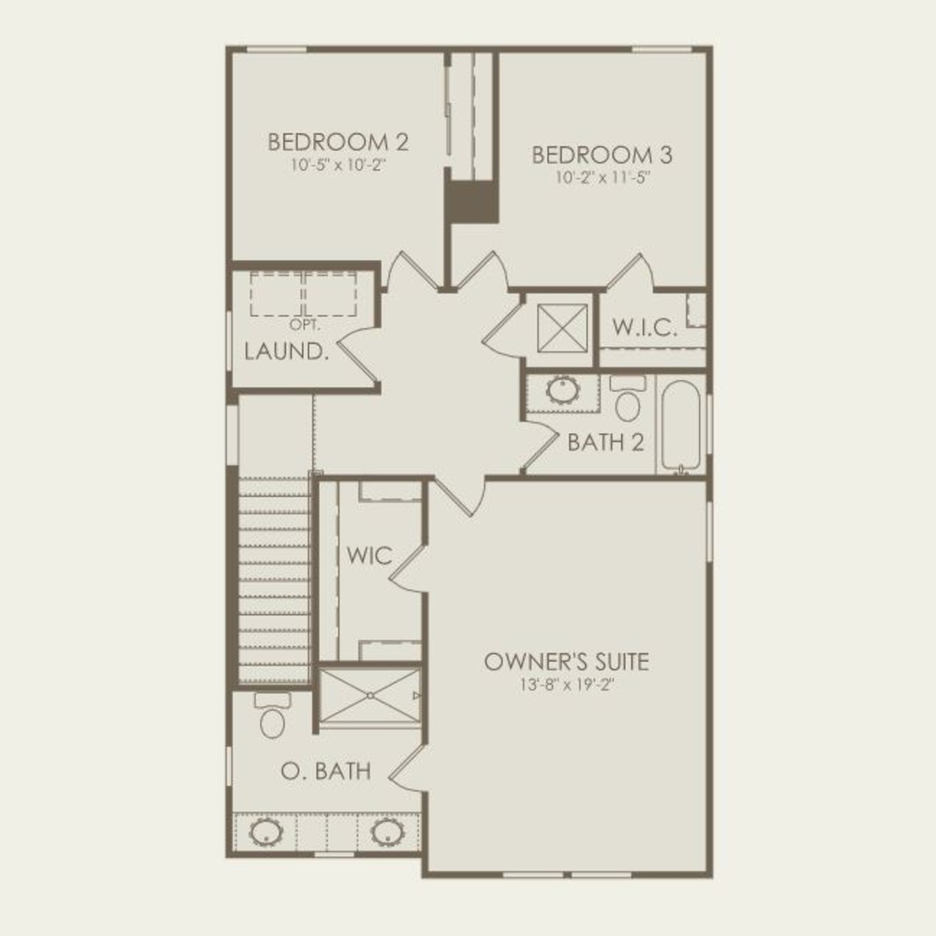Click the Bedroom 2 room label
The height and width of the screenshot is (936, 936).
click(338, 143)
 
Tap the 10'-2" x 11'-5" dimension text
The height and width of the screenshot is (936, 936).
click(603, 178)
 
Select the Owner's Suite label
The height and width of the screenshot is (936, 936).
click(566, 661)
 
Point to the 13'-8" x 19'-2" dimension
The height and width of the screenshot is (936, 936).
click(568, 685)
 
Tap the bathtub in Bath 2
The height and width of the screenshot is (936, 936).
click(681, 426)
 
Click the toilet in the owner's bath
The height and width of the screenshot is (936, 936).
click(272, 716)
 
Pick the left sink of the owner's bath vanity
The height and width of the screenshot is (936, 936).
click(266, 833)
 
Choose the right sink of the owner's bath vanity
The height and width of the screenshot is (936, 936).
click(387, 833)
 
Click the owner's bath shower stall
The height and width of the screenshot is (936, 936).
click(370, 695)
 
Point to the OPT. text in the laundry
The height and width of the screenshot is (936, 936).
click(305, 325)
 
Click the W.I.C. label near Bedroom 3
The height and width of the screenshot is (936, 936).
click(645, 328)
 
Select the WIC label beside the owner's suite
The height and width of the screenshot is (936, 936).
click(370, 556)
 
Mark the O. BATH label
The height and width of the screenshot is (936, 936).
click(326, 771)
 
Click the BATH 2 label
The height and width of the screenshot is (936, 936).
click(605, 442)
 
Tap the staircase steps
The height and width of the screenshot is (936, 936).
click(275, 580)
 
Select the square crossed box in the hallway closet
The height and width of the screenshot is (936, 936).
click(562, 328)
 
